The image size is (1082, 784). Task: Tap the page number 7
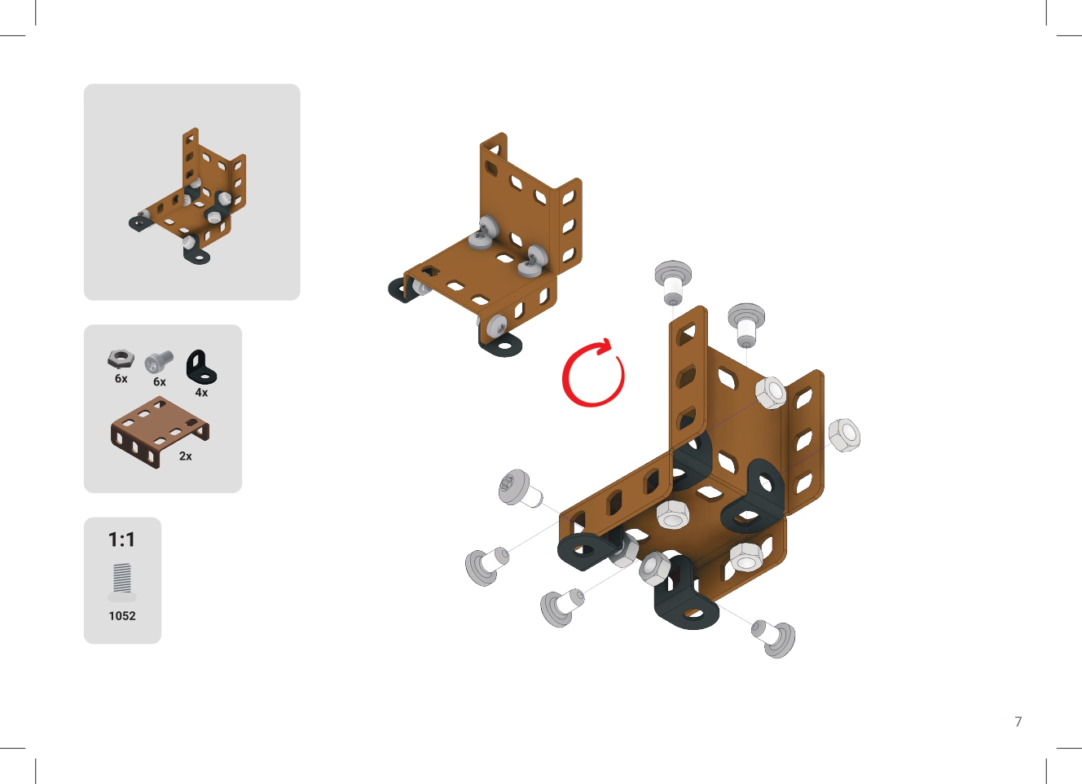pyautogui.click(x=1018, y=722)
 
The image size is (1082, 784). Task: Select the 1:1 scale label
pyautogui.click(x=121, y=540)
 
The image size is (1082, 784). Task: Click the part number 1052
pyautogui.click(x=122, y=616)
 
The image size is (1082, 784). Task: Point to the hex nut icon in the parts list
pyautogui.click(x=121, y=359)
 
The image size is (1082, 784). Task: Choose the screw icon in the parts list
pyautogui.click(x=158, y=361)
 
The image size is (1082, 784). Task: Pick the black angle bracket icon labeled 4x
pyautogui.click(x=201, y=368)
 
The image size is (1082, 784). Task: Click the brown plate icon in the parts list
pyautogui.click(x=160, y=432)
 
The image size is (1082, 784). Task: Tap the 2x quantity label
pyautogui.click(x=186, y=456)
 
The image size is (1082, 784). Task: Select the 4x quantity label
pyautogui.click(x=201, y=392)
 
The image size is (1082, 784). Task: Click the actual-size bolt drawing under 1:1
pyautogui.click(x=122, y=582)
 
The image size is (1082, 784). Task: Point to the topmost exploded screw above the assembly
pyautogui.click(x=673, y=283)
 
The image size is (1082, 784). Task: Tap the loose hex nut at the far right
pyautogui.click(x=844, y=434)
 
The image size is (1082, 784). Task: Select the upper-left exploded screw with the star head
pyautogui.click(x=519, y=489)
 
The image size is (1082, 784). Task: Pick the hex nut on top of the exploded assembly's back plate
pyautogui.click(x=771, y=393)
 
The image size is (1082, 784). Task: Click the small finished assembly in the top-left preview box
pyautogui.click(x=187, y=196)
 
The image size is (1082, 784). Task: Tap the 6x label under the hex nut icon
pyautogui.click(x=121, y=379)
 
